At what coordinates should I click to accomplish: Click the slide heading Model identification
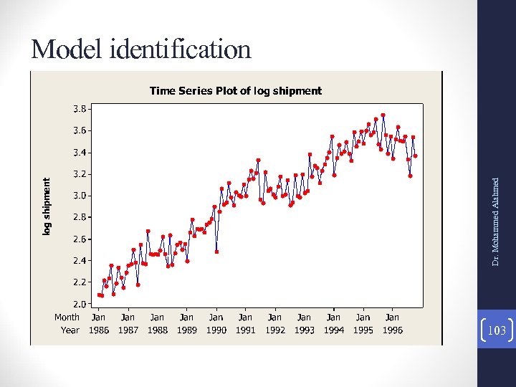click(141, 49)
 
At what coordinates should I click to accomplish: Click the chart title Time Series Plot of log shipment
click(235, 91)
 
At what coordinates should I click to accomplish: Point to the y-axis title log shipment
click(47, 206)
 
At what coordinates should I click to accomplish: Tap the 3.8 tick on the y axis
click(80, 109)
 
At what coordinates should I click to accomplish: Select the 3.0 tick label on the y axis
click(80, 195)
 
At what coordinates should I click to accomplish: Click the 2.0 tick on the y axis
click(80, 303)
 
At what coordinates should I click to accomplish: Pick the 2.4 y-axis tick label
click(80, 260)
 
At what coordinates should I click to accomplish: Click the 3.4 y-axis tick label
click(80, 152)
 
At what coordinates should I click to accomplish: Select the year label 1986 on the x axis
click(98, 330)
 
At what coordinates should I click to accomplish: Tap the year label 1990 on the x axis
click(216, 330)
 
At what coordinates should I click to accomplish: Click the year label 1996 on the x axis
click(392, 330)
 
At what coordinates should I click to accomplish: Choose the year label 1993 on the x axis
click(304, 330)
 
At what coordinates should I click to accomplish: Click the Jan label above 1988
click(157, 317)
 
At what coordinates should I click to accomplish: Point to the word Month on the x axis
click(67, 317)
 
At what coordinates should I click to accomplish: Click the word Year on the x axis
click(70, 330)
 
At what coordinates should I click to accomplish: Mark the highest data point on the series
click(383, 115)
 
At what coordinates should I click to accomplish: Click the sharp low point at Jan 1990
click(216, 252)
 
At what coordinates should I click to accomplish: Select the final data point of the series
click(416, 156)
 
